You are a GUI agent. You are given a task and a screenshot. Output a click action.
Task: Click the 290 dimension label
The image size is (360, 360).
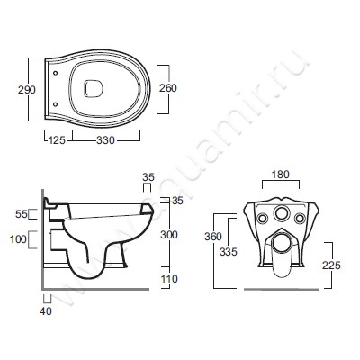(27, 90)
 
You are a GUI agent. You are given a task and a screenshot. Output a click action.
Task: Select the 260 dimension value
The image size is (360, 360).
(168, 88)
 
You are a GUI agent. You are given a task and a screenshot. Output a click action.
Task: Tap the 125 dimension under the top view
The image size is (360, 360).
(57, 140)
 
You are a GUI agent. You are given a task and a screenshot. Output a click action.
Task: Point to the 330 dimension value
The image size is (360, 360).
(105, 140)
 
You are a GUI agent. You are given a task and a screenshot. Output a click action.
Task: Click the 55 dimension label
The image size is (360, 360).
(22, 214)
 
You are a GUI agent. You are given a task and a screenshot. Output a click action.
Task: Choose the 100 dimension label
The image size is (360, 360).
(18, 239)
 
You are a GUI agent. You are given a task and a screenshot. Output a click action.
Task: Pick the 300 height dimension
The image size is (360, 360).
(169, 235)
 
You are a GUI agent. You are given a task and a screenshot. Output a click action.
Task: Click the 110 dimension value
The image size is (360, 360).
(169, 279)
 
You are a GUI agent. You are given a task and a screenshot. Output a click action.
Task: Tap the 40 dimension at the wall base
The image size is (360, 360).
(46, 311)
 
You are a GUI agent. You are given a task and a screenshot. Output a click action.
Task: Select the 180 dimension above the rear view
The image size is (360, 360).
(281, 175)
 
